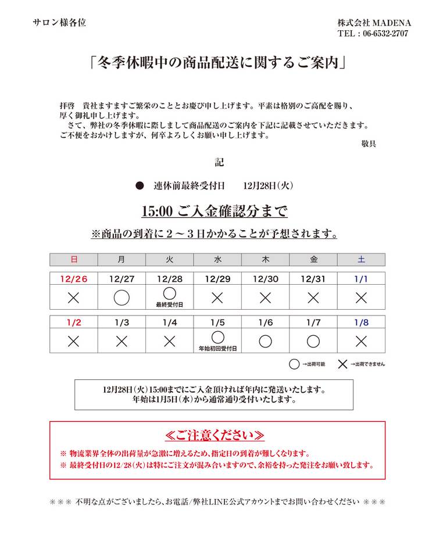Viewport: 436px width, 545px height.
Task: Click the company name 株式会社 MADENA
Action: point(374,23)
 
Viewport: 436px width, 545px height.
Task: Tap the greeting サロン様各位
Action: point(59,23)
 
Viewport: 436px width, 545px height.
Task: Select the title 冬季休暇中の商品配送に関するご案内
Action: point(217,62)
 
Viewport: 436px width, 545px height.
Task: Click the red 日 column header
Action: point(73,259)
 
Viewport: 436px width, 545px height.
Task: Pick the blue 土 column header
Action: point(361,259)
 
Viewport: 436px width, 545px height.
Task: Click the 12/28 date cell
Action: point(169,279)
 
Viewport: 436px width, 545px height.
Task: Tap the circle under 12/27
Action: point(121,297)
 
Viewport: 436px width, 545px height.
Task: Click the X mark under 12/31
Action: point(313,297)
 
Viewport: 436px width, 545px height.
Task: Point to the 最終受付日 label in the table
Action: point(169,304)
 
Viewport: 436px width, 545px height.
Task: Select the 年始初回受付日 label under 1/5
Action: point(217,348)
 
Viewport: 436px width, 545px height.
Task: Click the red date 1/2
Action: point(73,322)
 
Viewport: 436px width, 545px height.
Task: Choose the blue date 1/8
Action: point(361,322)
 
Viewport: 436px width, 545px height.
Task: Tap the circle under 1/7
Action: point(313,341)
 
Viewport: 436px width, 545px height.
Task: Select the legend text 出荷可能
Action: point(313,364)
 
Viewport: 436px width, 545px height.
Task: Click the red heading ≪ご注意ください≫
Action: point(215,435)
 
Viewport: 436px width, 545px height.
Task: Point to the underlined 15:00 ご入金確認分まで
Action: point(215,211)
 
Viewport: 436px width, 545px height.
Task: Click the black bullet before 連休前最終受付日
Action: point(139,186)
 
